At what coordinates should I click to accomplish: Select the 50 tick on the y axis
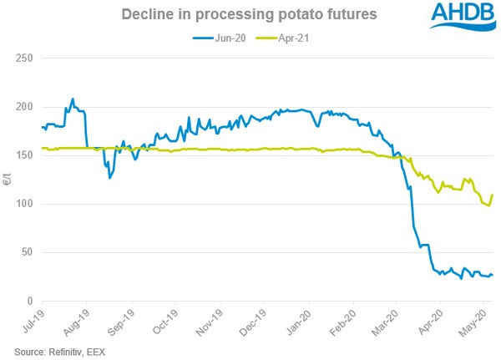(27, 252)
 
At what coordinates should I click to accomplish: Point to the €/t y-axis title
(8, 179)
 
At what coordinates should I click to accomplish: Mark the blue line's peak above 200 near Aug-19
(73, 99)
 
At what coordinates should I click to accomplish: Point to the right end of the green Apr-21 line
(493, 195)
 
